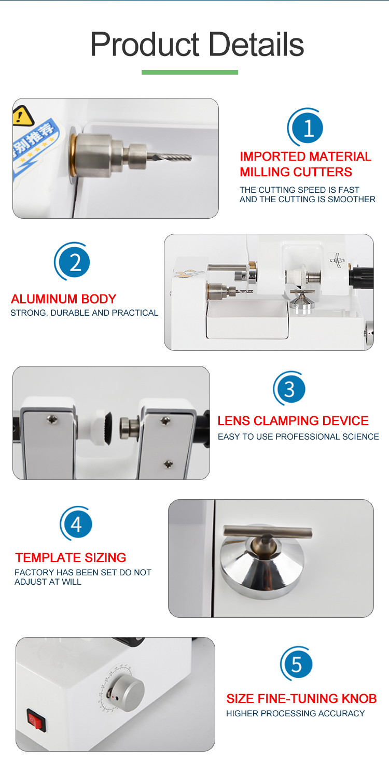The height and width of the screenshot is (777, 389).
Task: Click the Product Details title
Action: (197, 45)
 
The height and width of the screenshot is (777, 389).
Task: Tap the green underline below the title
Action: (190, 72)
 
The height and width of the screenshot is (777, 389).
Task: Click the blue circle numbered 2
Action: (74, 262)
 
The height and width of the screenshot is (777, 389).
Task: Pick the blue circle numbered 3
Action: (290, 389)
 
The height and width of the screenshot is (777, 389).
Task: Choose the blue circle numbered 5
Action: (297, 663)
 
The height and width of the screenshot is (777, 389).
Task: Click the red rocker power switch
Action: (36, 720)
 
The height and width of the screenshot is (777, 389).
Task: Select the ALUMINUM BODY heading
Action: (63, 299)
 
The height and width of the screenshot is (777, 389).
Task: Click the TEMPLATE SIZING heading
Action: (71, 557)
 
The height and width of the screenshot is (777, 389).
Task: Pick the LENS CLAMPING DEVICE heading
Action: (293, 421)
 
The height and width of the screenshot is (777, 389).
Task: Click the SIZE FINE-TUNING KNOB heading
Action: (301, 698)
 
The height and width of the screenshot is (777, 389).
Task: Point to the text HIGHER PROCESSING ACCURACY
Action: (295, 714)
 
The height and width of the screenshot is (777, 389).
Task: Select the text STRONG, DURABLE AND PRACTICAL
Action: (85, 313)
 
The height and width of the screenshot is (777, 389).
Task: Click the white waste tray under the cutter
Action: (247, 318)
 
